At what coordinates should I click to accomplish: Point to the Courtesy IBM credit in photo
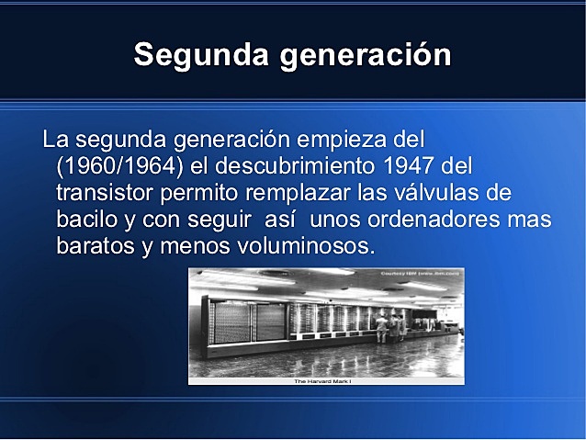[425, 273]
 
